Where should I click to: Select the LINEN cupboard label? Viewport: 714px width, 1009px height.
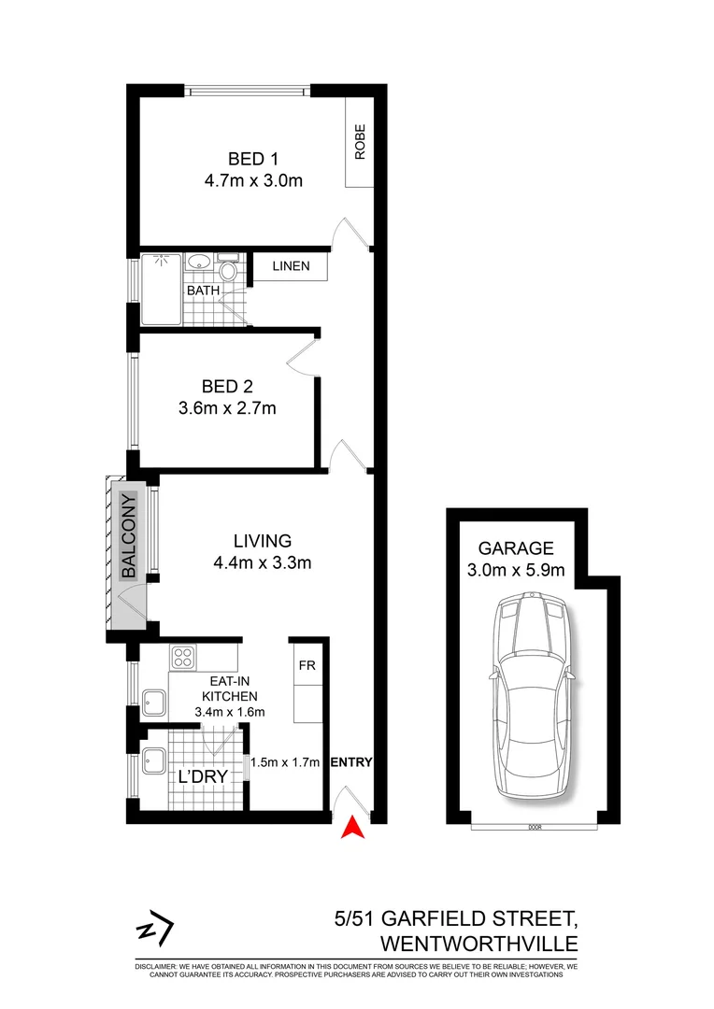(x=291, y=267)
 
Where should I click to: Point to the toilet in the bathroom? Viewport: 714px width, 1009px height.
(x=228, y=272)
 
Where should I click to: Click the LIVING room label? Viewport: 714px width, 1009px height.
(x=263, y=541)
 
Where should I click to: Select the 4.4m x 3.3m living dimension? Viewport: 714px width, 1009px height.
(x=263, y=562)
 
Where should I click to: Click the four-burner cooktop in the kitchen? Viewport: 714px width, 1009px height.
(x=181, y=658)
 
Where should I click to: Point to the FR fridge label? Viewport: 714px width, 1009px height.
(x=306, y=667)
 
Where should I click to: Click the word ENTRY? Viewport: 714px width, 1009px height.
(x=351, y=763)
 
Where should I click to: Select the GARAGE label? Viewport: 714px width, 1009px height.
(x=517, y=548)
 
